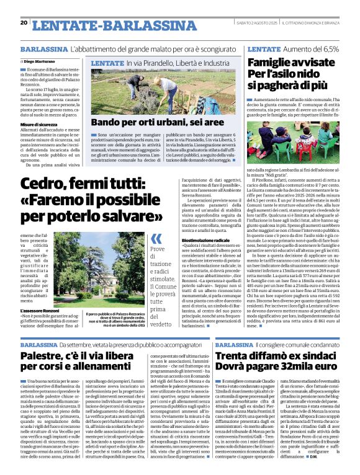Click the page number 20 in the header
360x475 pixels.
pyautogui.click(x=24, y=23)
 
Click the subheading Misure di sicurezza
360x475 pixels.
pyautogui.click(x=38, y=124)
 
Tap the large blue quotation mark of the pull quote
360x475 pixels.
pyautogui.click(x=156, y=239)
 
